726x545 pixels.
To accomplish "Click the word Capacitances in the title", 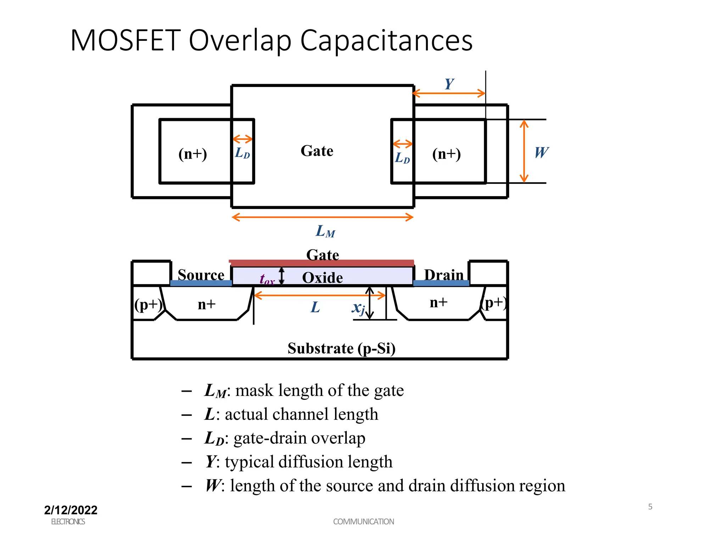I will tap(386, 41).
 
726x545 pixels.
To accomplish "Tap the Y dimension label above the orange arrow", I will tap(449, 84).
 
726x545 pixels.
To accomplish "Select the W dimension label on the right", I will tap(541, 153).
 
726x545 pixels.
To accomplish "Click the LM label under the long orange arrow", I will tap(325, 231).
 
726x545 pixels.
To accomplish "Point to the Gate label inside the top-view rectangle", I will tap(317, 151).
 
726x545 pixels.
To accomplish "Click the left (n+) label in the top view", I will tap(192, 154).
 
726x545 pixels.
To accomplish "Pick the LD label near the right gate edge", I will tap(402, 158).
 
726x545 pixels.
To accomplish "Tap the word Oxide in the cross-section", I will tap(322, 277).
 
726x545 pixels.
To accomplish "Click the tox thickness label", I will tap(267, 280).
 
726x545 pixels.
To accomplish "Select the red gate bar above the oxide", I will tap(321, 263).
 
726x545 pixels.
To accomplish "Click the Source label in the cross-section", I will tap(201, 275).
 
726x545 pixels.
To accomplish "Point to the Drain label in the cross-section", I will tap(444, 275).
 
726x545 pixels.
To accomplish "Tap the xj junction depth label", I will tap(358, 307).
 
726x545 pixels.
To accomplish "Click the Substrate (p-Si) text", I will tap(341, 348).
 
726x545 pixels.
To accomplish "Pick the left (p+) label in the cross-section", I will tap(148, 304).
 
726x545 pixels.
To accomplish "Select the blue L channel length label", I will tap(315, 307).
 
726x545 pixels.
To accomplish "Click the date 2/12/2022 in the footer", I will tap(71, 510).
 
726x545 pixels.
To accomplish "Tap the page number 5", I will tap(650, 507).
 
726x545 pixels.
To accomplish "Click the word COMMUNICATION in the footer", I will tap(363, 522).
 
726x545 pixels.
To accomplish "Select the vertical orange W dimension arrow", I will tap(524, 151).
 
